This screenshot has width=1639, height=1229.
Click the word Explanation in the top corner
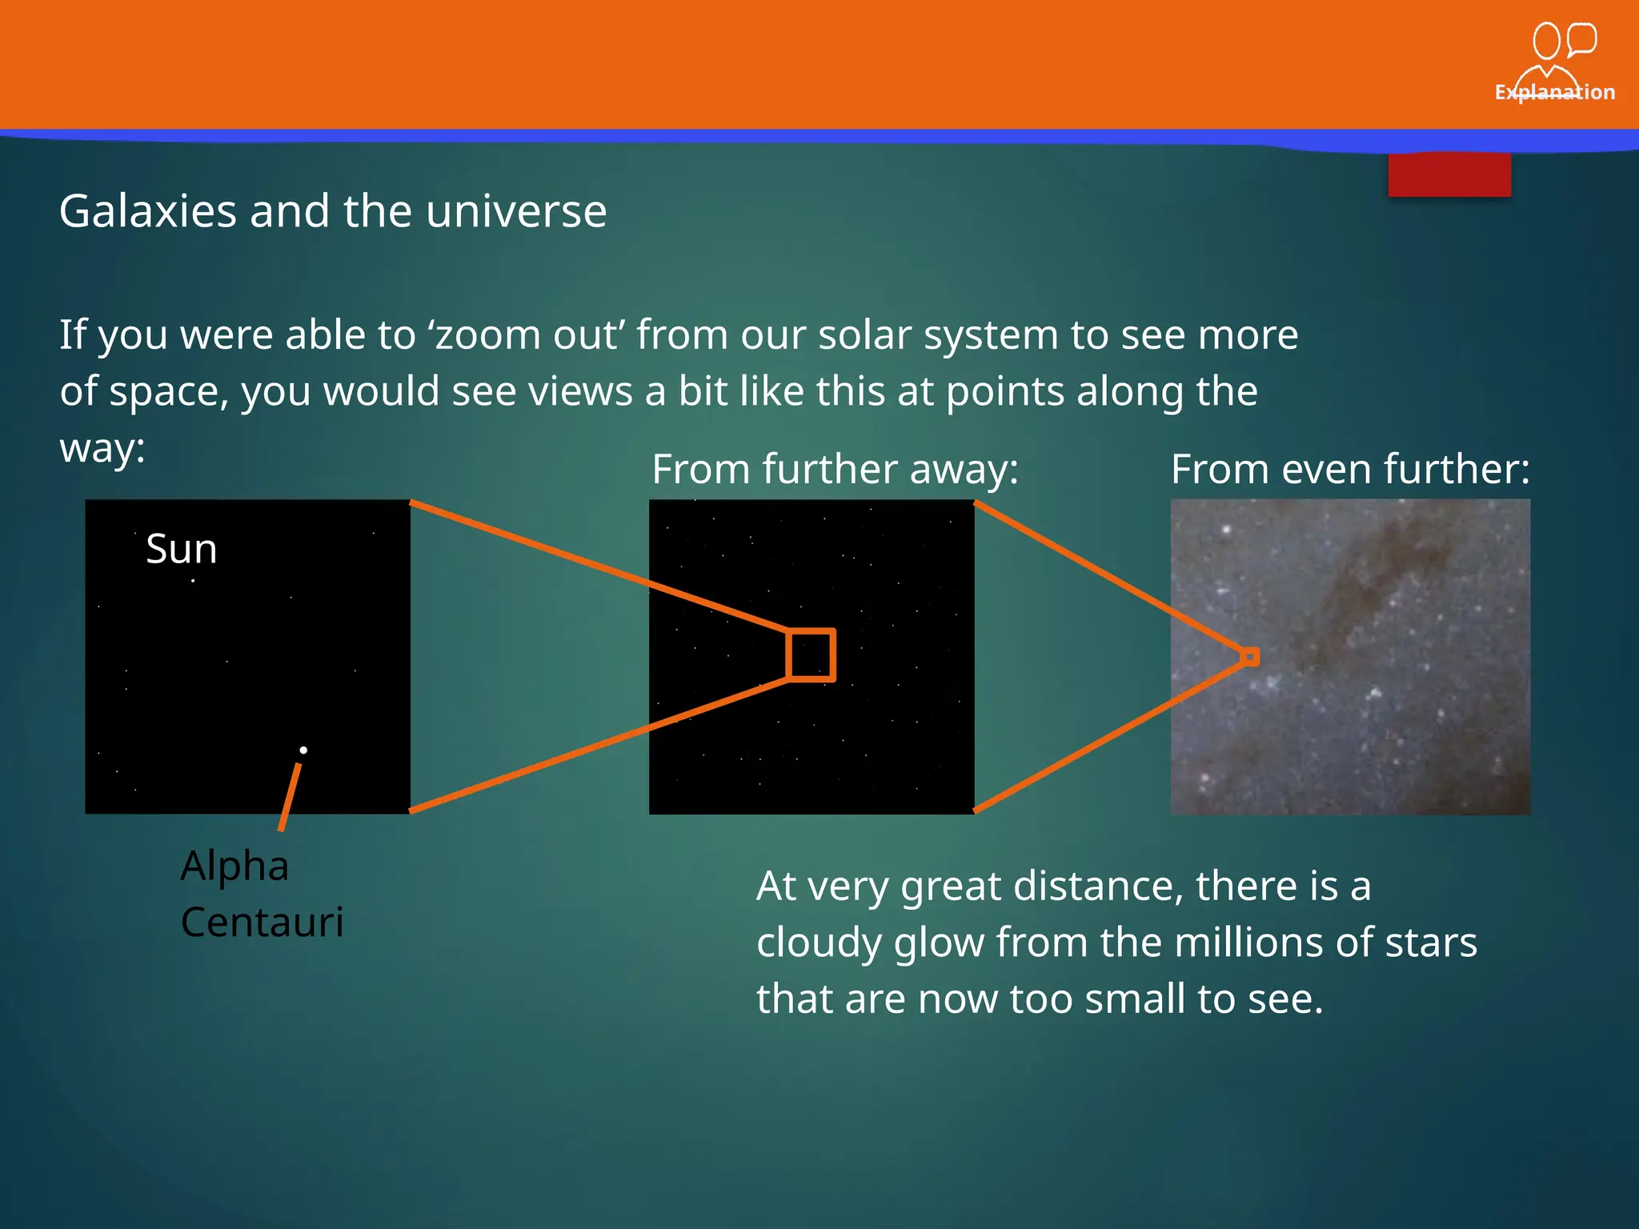tap(1554, 92)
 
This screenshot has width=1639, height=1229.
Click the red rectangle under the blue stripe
tap(1449, 174)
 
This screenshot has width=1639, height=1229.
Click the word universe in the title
tap(516, 211)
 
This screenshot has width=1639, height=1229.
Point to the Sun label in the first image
tap(182, 549)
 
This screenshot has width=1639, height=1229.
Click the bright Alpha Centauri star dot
tap(303, 750)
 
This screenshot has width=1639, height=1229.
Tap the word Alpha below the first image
tap(234, 866)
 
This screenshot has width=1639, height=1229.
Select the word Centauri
tap(262, 922)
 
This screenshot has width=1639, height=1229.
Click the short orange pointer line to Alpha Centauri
tap(290, 796)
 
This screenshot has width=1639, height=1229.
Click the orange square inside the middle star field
tap(811, 655)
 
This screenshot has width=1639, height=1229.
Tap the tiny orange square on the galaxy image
tap(1249, 657)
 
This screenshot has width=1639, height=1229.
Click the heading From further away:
tap(835, 469)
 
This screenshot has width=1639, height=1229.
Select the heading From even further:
tap(1350, 469)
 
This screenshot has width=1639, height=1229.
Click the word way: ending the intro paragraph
tap(102, 448)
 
